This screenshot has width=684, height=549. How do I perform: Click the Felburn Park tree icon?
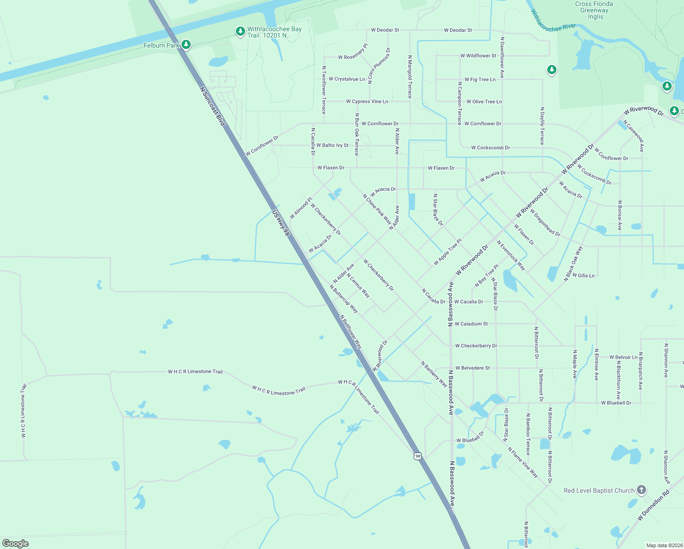point(186,45)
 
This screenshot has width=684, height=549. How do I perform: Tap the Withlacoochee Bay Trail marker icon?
point(240,32)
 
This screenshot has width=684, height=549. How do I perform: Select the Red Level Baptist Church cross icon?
point(641,490)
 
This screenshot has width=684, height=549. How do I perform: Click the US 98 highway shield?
point(417,456)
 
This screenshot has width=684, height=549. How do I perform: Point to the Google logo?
point(16,543)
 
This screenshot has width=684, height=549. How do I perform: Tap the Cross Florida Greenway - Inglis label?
point(594,10)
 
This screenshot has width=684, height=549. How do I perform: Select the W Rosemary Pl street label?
point(353,53)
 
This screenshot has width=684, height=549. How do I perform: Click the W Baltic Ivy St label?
point(332,145)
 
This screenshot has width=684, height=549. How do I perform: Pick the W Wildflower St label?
point(478,56)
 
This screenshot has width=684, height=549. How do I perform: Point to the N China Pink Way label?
point(377,209)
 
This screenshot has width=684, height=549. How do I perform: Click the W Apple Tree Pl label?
point(448,252)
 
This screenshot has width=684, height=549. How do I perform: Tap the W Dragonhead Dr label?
point(545,223)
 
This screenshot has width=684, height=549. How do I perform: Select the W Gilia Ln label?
point(583,275)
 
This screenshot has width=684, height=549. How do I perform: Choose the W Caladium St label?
point(471,324)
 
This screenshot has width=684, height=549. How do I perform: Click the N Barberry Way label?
point(434,374)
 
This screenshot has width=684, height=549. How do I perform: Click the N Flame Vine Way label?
point(523,463)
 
